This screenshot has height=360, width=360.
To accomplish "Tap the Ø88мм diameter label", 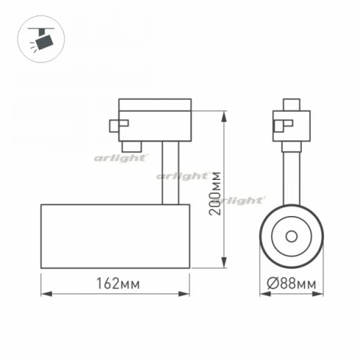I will [292, 283].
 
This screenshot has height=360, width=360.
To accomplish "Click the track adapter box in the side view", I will [155, 119].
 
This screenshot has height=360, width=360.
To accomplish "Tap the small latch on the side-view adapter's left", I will [115, 125].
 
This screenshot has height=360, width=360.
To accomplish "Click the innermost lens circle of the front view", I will [292, 236].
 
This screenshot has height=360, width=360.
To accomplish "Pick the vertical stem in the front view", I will [292, 175].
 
